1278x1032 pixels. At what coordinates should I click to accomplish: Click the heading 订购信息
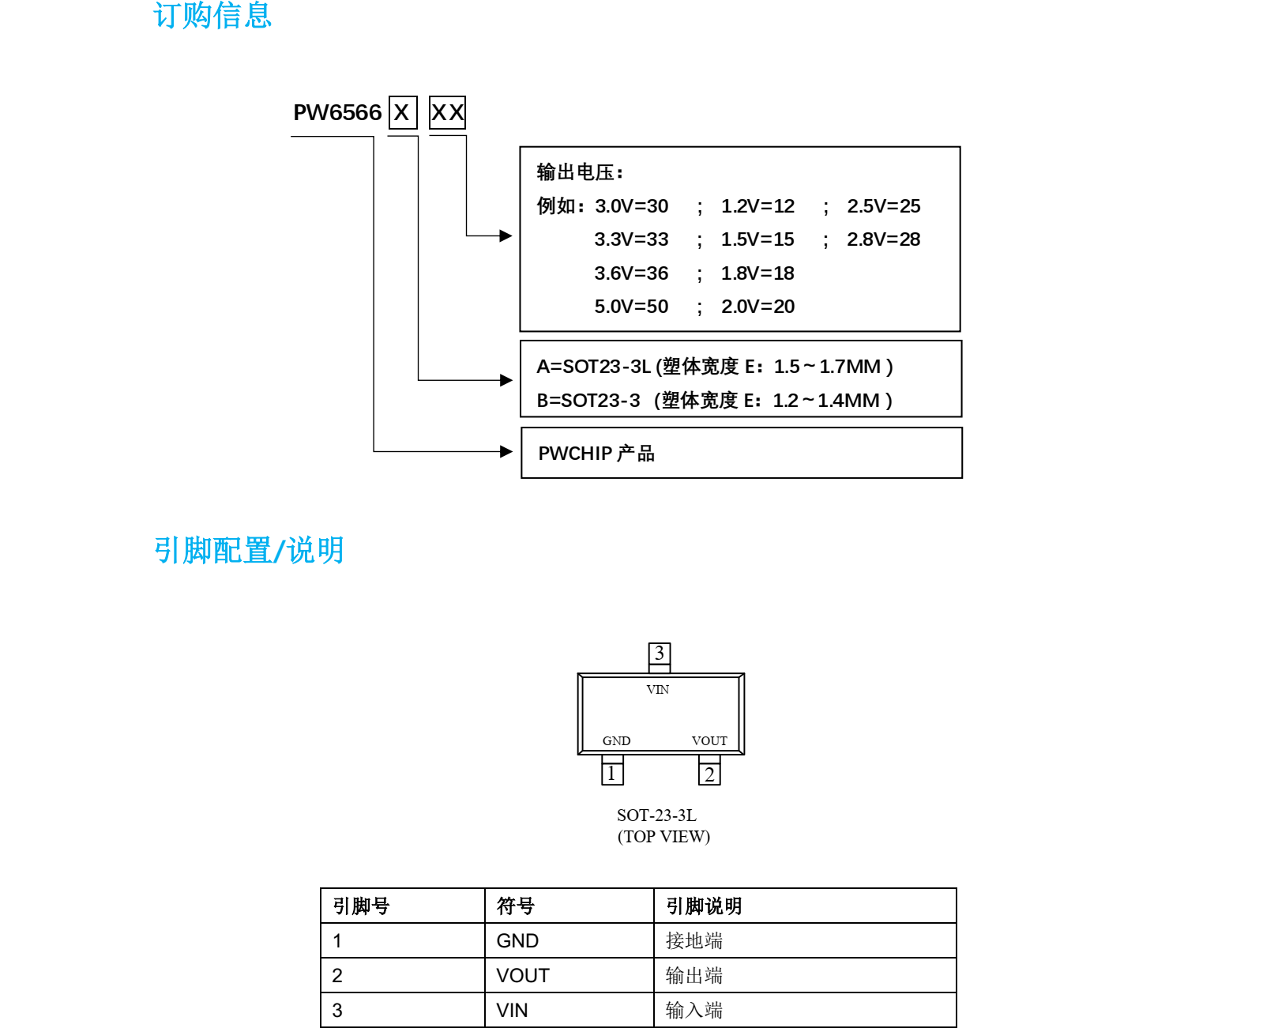212,15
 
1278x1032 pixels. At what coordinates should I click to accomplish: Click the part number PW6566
337,113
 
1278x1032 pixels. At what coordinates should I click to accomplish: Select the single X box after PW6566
402,113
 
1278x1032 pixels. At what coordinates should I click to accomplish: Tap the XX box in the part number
447,113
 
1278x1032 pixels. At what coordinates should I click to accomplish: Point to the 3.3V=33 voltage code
631,239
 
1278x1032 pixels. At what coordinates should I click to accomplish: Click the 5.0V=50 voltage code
631,307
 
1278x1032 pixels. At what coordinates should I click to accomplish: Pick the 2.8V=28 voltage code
883,239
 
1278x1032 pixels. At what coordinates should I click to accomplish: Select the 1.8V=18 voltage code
757,273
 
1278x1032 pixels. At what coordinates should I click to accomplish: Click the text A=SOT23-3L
593,367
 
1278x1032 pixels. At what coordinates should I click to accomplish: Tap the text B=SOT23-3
588,401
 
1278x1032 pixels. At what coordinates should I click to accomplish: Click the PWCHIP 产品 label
596,454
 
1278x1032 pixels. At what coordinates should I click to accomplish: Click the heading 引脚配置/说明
249,551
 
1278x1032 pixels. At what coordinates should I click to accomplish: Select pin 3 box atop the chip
659,653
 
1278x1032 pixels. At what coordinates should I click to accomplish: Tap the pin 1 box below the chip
612,774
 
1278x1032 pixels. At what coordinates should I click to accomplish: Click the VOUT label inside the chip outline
709,741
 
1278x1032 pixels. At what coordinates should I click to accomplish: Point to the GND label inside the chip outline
616,741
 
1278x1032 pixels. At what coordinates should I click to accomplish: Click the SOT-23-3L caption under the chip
656,815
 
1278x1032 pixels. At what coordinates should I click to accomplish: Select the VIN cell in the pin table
512,1011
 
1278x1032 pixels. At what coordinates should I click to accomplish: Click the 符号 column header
515,906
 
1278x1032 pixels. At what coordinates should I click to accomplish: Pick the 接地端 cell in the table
694,941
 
